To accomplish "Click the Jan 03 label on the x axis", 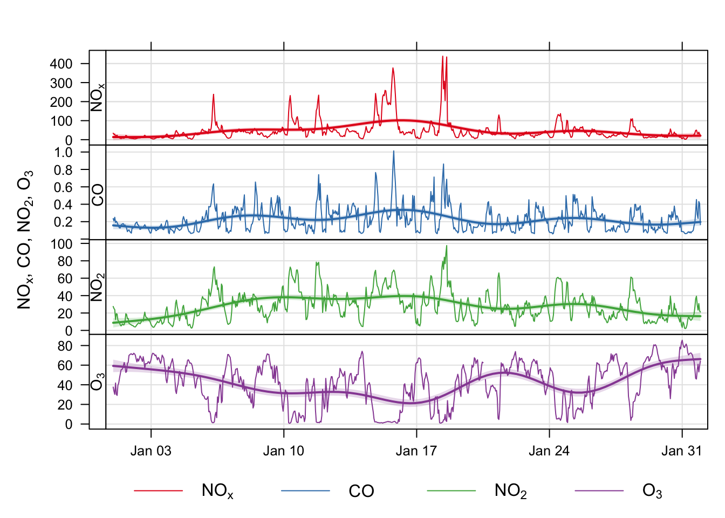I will [151, 451].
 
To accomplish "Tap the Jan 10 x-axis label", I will [283, 451].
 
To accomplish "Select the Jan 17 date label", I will [416, 451].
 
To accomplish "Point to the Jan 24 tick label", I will [549, 451].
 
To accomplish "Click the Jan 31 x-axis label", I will [682, 451].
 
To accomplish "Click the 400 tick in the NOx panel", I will [61, 64].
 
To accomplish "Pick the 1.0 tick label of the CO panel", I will [64, 153].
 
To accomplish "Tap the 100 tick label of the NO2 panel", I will [61, 244].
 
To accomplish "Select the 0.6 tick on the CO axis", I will [64, 187].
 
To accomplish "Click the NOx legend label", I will [217, 491].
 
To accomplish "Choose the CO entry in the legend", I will [361, 491].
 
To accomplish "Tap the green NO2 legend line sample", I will [451, 491].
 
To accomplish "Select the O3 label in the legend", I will [652, 491].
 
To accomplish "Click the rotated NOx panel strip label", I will [98, 97].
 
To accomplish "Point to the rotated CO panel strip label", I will [98, 194].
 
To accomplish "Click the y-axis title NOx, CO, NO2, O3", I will [25, 240].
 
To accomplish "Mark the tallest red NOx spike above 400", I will [442, 57].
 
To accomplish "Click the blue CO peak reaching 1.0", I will [393, 152].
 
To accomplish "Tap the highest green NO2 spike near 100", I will [447, 246].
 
